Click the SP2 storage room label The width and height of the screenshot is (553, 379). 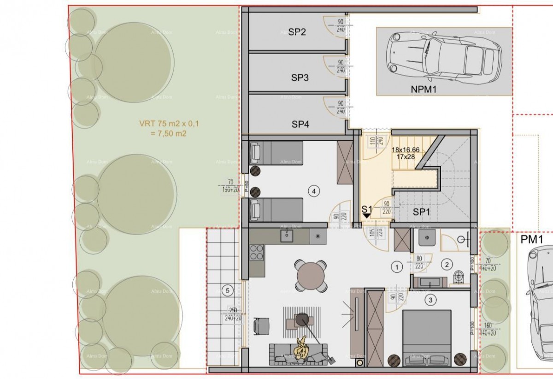297,32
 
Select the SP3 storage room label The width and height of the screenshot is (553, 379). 300,78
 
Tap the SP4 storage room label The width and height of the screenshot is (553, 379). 300,124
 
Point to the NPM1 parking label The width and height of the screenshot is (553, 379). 423,90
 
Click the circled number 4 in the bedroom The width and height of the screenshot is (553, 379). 314,190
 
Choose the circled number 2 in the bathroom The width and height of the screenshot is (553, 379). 446,265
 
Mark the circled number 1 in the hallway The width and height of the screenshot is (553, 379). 396,266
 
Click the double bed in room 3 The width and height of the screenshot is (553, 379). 426,335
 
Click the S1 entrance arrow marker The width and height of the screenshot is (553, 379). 367,214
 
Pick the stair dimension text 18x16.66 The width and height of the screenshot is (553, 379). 406,150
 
